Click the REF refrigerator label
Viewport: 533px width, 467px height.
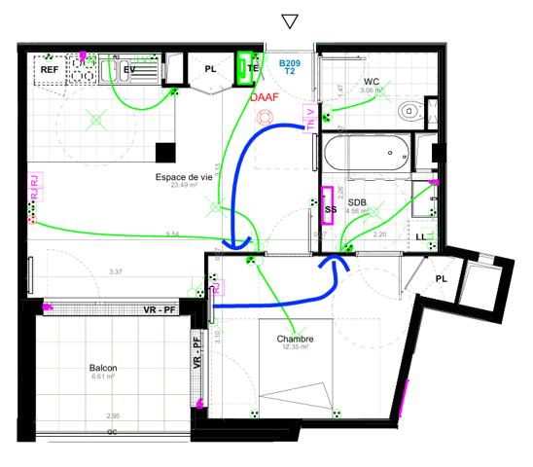pyautogui.click(x=48, y=70)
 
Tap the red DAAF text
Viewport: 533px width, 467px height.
pyautogui.click(x=263, y=98)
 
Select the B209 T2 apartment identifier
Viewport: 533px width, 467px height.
pyautogui.click(x=288, y=66)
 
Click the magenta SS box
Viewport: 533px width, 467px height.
pyautogui.click(x=328, y=205)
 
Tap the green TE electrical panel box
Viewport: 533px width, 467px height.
pyautogui.click(x=249, y=69)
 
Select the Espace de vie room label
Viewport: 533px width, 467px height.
pyautogui.click(x=182, y=177)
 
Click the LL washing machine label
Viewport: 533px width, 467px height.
pyautogui.click(x=420, y=236)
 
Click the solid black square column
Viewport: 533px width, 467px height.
pyautogui.click(x=164, y=153)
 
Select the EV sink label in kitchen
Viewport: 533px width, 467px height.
pyautogui.click(x=129, y=70)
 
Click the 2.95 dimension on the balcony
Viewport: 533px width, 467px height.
pyautogui.click(x=114, y=415)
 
